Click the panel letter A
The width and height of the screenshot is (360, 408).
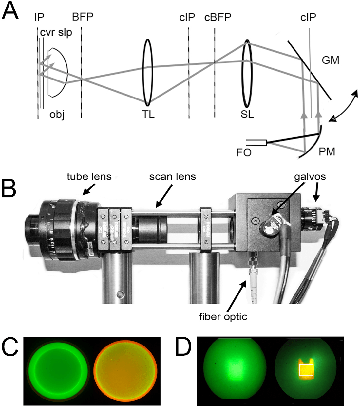(x=10, y=10)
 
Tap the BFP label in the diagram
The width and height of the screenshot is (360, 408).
(x=83, y=17)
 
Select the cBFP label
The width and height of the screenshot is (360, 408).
(x=218, y=17)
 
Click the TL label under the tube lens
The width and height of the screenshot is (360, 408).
(x=148, y=115)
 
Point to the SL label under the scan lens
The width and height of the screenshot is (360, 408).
(x=247, y=115)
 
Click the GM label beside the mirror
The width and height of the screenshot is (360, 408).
(x=330, y=60)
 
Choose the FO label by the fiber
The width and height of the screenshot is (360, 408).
(x=244, y=152)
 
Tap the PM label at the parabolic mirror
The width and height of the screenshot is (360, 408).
(x=327, y=152)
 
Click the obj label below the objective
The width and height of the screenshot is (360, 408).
(x=57, y=115)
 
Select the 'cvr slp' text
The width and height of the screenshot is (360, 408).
(x=56, y=33)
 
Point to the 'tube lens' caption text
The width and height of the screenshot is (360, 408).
(x=89, y=177)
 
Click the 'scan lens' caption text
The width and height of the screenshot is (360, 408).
(x=172, y=177)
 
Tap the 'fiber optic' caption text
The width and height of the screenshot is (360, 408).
(x=223, y=317)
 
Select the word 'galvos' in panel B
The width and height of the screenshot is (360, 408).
(x=310, y=177)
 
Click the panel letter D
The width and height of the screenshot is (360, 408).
(x=183, y=347)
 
